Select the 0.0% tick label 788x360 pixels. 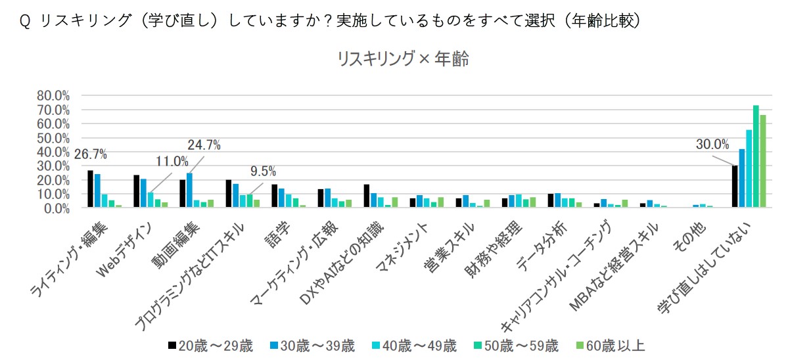(57, 208)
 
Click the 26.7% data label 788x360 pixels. (91, 154)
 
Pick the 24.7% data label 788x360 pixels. (204, 146)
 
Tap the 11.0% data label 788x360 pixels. (172, 162)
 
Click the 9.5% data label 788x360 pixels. (264, 171)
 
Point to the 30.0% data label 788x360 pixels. (712, 145)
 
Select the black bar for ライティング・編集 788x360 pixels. (91, 189)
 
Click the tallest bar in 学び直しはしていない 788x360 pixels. (755, 156)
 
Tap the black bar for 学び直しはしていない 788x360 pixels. (734, 187)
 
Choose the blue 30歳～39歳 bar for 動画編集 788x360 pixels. (189, 191)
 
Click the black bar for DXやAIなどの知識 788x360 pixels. (366, 196)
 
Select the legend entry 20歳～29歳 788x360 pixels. (210, 346)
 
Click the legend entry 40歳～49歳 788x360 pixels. (414, 346)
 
